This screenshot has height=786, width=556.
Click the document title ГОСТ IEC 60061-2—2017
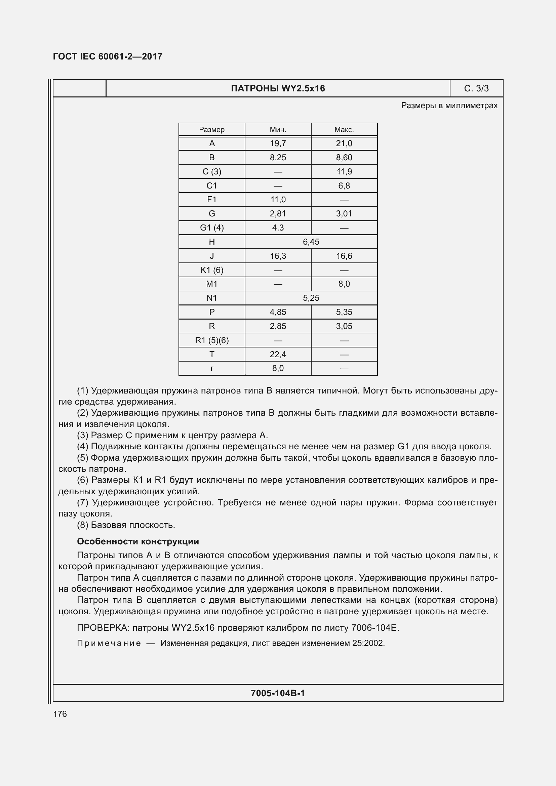[108, 56]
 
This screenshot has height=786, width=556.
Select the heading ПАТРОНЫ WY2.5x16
[278, 89]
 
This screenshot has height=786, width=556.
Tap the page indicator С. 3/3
[476, 89]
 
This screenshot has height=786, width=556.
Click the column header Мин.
[278, 130]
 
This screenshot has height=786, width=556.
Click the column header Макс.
[344, 130]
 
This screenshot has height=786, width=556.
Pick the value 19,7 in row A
[278, 143]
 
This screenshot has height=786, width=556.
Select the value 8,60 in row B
[344, 158]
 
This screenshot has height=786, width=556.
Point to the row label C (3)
[211, 171]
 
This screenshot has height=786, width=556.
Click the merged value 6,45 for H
[311, 242]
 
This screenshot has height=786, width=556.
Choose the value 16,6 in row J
[344, 256]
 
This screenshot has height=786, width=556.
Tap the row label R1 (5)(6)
[211, 340]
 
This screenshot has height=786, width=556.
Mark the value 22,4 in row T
[278, 354]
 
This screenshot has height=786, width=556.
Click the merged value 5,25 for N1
[311, 298]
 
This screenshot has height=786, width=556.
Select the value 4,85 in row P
[278, 312]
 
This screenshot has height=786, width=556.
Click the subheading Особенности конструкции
[137, 541]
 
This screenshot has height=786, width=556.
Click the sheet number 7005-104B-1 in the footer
[278, 693]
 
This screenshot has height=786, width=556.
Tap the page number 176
[60, 714]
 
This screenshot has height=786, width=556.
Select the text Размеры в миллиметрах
[449, 106]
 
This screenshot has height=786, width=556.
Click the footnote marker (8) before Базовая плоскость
[82, 525]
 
